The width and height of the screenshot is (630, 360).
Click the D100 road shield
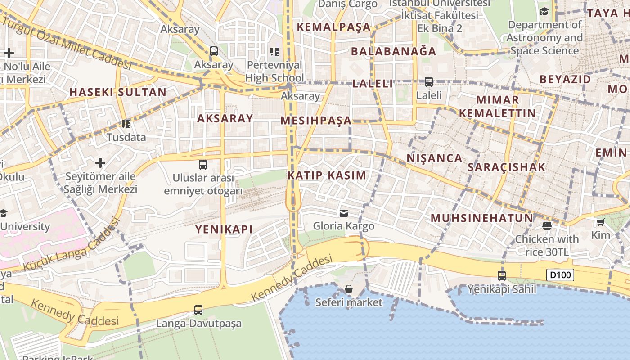[x=560, y=274]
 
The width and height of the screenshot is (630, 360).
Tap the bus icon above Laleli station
[x=428, y=82]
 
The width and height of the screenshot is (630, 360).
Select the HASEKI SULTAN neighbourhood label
[x=118, y=92]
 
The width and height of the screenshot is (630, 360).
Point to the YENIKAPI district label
[x=224, y=229]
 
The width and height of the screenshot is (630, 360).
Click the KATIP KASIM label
[x=327, y=175]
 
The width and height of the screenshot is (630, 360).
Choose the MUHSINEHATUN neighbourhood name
[x=481, y=218]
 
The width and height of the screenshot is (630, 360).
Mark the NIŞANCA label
[x=434, y=158]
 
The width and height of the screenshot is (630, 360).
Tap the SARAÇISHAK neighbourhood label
[x=506, y=167]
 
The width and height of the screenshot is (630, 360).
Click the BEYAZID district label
[x=565, y=79]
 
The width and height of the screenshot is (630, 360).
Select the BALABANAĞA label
[x=393, y=51]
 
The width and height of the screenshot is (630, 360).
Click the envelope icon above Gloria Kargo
[x=344, y=213]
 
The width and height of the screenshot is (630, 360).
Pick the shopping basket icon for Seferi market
[x=349, y=289]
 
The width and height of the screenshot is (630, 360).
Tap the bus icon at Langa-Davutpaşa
[x=198, y=310]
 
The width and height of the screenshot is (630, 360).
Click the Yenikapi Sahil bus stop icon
[x=502, y=275]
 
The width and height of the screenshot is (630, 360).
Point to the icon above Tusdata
[x=126, y=124]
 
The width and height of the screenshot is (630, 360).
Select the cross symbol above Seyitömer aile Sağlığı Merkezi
[x=100, y=162]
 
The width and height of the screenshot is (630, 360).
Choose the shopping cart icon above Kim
[x=600, y=222]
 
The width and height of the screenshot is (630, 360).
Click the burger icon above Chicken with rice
[x=547, y=225]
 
